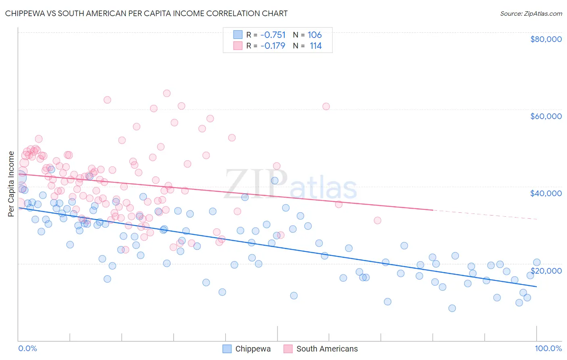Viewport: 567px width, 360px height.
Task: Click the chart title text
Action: click(146, 13)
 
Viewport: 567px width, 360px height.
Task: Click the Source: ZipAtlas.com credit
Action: click(531, 13)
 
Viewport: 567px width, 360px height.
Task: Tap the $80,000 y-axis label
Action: click(546, 39)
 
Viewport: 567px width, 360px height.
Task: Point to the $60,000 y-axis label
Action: click(546, 116)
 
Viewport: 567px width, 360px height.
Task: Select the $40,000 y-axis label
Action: click(546, 193)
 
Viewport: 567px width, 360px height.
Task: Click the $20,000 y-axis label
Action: click(546, 270)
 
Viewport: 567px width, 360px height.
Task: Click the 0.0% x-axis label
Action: click(27, 348)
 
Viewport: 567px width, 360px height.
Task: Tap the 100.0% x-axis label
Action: click(548, 348)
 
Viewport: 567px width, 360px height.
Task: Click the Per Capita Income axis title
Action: click(11, 184)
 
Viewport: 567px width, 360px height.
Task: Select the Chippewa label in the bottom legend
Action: click(253, 349)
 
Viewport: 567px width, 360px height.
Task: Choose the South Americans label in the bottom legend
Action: click(327, 349)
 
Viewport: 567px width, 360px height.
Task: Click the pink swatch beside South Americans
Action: click(288, 349)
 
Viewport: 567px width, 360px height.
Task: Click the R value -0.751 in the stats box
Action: click(273, 35)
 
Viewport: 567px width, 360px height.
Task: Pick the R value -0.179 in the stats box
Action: click(273, 46)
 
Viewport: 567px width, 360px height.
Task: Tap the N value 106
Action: click(315, 35)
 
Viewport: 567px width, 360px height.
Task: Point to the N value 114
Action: click(315, 46)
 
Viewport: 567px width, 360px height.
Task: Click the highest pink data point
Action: click(167, 93)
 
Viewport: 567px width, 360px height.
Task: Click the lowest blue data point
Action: click(452, 308)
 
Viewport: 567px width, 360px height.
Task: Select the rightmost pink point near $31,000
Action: click(377, 220)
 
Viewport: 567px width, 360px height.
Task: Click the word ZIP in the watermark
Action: click(256, 184)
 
